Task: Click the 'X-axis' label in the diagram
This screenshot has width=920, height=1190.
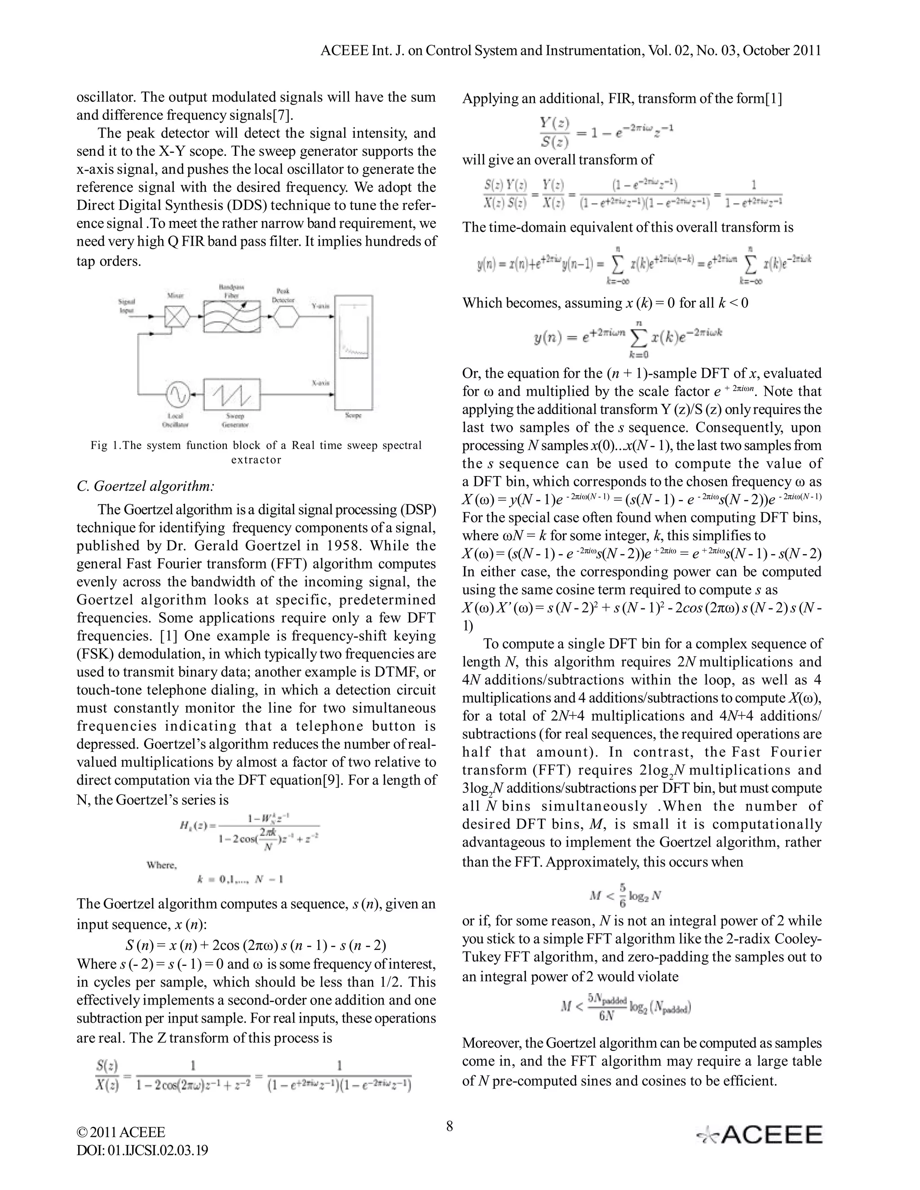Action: coord(320,383)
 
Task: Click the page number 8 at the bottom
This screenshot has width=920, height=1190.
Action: coord(450,1126)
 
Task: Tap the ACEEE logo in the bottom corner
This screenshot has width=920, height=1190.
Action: coord(759,1134)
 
